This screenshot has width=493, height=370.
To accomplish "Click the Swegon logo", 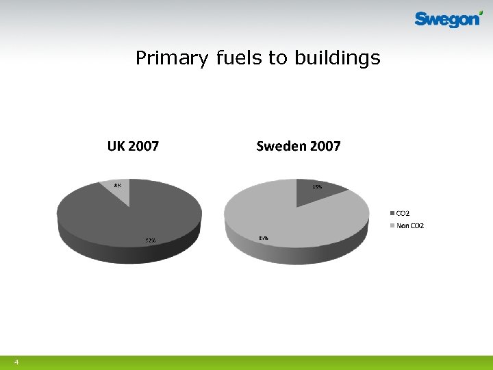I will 448,20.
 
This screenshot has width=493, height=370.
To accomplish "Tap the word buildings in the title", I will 337,59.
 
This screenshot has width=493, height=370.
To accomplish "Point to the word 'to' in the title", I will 278,58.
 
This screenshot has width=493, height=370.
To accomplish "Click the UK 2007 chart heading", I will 133,146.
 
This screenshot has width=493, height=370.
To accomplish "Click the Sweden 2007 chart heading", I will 298,146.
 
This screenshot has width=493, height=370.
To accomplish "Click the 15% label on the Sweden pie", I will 318,186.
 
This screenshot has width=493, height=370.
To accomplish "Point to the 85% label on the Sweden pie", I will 263,238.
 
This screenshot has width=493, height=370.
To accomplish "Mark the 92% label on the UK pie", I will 150,241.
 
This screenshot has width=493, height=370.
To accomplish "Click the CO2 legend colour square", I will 392,213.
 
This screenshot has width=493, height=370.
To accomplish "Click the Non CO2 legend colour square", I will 392,225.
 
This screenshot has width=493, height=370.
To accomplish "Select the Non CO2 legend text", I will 410,225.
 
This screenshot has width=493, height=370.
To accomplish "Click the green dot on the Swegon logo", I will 481,12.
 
